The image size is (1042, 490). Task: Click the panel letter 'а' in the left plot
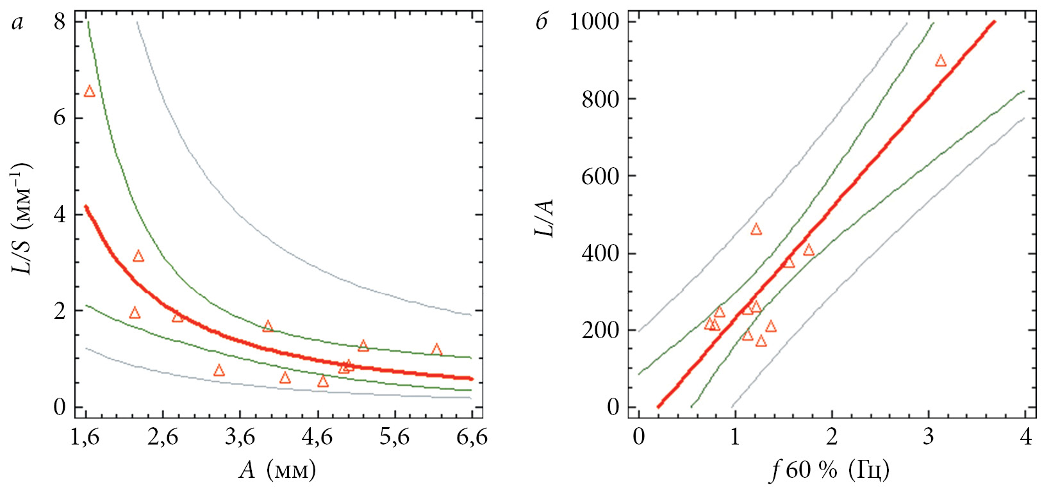[x=17, y=23]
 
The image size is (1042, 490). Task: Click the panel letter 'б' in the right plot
[x=542, y=23]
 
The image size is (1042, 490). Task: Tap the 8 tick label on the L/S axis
[x=60, y=22]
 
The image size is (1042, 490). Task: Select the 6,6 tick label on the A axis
[x=472, y=437]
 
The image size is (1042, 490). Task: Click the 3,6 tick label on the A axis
[x=240, y=437]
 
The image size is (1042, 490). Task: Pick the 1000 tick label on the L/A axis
[x=595, y=22]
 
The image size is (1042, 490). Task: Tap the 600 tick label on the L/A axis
[x=600, y=176]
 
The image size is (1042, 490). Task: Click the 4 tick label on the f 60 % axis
[x=1026, y=437]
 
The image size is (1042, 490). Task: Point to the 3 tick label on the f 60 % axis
[x=929, y=437]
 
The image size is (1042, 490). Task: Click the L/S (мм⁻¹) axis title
[x=22, y=218]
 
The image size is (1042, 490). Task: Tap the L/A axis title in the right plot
[x=544, y=218]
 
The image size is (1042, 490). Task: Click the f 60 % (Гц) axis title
[x=830, y=471]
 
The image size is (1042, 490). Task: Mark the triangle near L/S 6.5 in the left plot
[x=90, y=92]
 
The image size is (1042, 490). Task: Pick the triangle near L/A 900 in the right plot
[x=941, y=61]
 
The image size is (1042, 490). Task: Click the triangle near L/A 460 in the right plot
[x=756, y=229]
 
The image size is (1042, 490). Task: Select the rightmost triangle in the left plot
[x=437, y=350]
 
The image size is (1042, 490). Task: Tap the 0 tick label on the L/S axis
[x=60, y=407]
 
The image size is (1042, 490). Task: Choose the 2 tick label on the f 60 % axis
[x=832, y=437]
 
